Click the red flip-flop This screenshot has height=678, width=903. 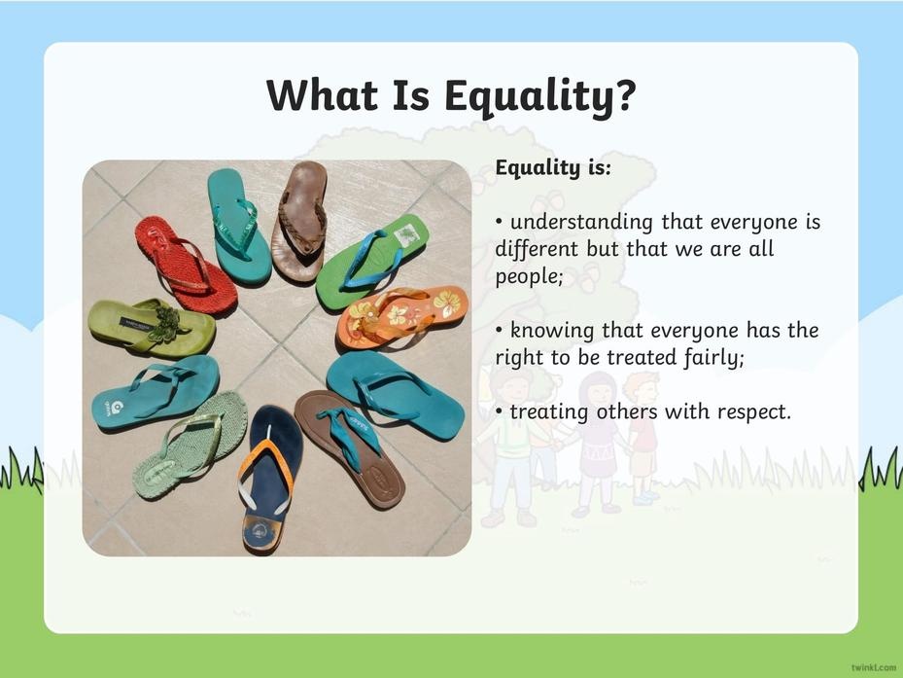[x=186, y=266]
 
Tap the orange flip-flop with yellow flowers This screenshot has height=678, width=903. [x=402, y=316]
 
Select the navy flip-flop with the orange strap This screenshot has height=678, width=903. [x=270, y=479]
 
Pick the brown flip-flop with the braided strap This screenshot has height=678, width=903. [x=299, y=222]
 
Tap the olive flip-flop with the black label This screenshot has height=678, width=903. [x=152, y=328]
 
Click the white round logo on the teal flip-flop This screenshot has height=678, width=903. [x=117, y=407]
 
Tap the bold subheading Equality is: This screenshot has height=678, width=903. [x=553, y=167]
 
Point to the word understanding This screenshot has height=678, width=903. [x=581, y=223]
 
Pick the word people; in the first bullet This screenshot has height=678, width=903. [x=529, y=276]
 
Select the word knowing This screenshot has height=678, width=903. [x=552, y=332]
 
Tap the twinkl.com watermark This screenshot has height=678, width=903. [x=874, y=667]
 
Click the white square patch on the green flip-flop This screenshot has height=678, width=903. [x=407, y=235]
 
